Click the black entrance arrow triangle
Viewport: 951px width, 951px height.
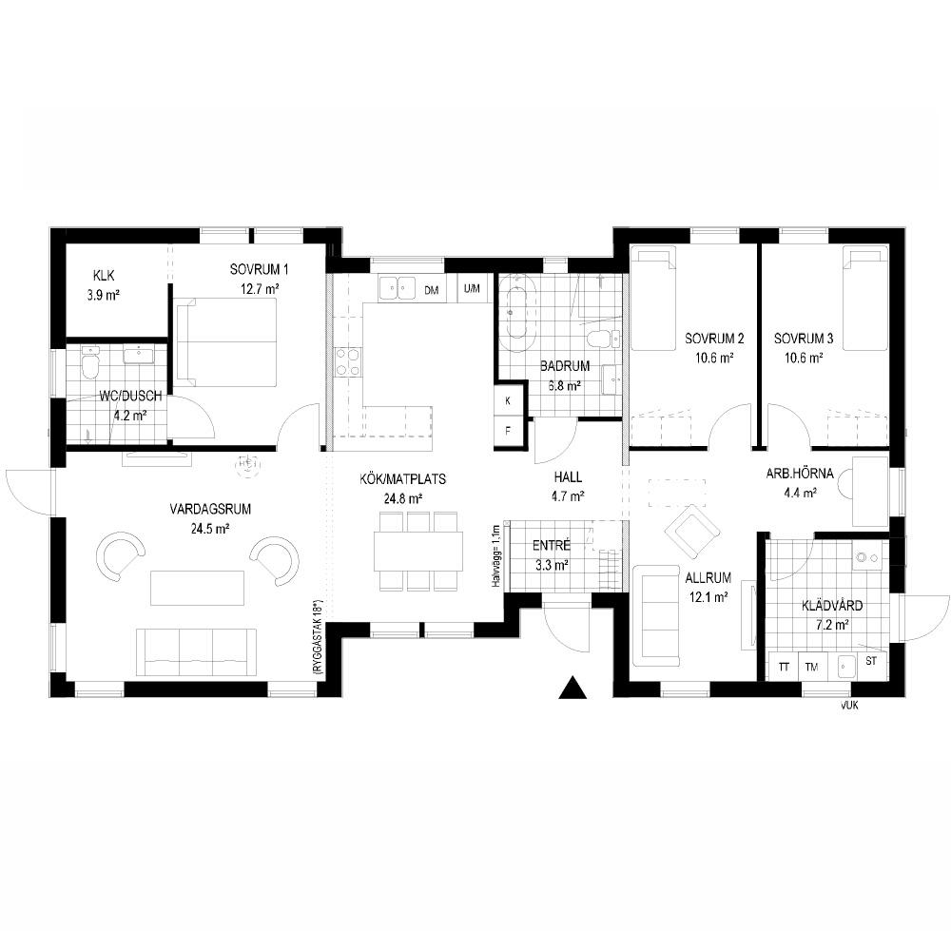[573, 688]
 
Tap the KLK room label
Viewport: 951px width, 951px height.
[104, 276]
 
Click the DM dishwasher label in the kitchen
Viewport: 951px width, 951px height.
[431, 290]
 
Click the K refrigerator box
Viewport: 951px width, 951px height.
[508, 400]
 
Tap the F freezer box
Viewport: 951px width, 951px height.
[508, 431]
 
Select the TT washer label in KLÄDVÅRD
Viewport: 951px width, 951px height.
[785, 668]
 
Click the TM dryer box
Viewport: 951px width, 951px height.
[812, 667]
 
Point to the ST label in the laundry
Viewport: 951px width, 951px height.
[871, 661]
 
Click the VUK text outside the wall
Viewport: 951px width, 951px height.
[849, 706]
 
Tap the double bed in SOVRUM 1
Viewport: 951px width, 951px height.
[226, 342]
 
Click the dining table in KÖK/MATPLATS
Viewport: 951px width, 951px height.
[418, 552]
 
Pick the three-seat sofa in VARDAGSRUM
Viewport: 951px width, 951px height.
[196, 652]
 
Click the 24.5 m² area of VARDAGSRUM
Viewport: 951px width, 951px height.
[210, 529]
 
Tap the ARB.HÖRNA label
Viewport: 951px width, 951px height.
[800, 474]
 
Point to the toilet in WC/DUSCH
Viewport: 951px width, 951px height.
[89, 364]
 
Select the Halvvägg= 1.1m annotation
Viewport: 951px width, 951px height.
[496, 556]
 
